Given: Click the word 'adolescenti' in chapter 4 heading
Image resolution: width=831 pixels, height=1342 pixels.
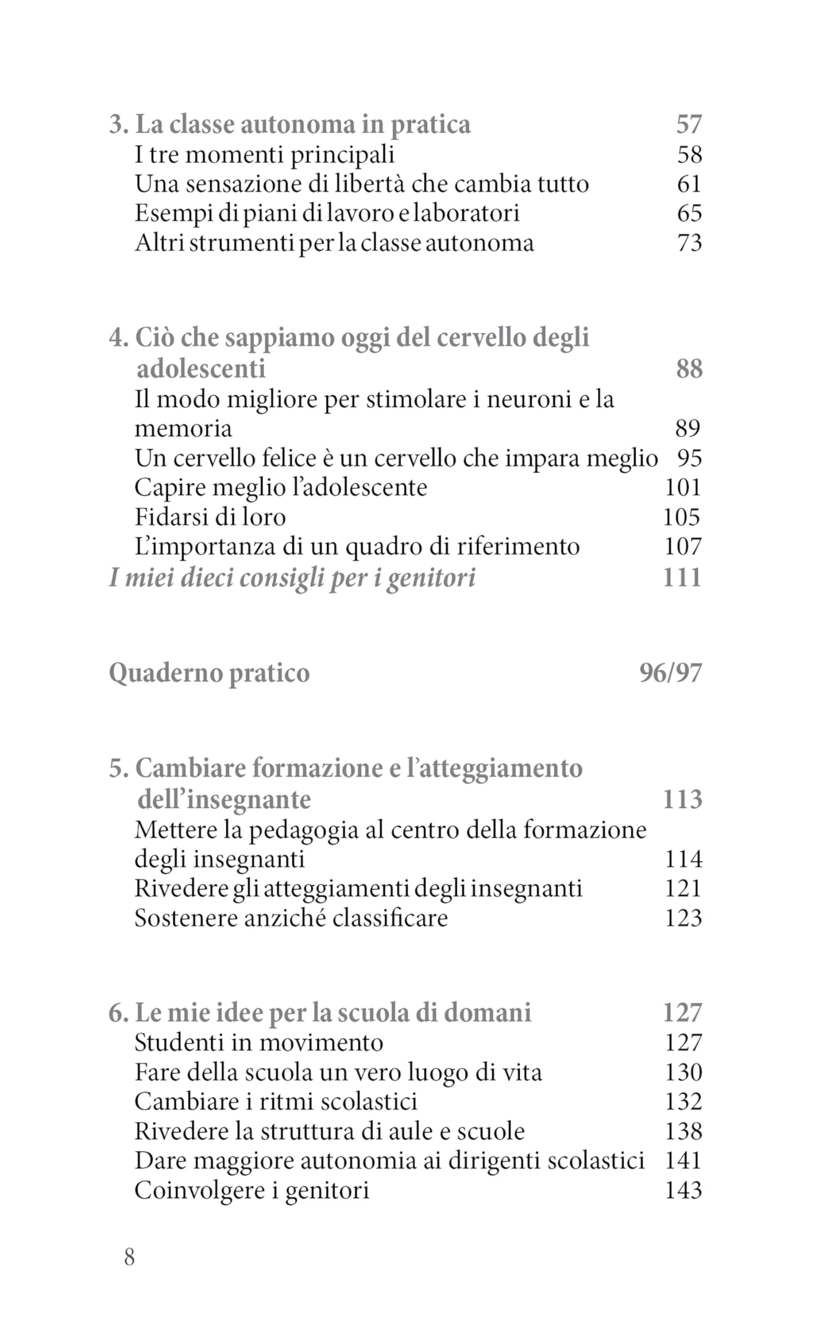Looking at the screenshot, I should pyautogui.click(x=201, y=368).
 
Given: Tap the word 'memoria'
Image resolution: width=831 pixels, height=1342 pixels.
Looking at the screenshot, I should pyautogui.click(x=184, y=429).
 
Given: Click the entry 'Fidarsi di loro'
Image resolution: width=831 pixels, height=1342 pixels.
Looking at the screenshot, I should pyautogui.click(x=210, y=517).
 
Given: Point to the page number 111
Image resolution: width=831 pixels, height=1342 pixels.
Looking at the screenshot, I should pyautogui.click(x=682, y=578).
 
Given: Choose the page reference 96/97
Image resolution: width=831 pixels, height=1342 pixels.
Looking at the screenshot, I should pyautogui.click(x=671, y=673).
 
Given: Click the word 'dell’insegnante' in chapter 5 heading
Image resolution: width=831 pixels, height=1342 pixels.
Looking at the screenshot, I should pyautogui.click(x=224, y=799).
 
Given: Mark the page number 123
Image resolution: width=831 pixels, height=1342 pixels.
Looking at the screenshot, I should pyautogui.click(x=683, y=918).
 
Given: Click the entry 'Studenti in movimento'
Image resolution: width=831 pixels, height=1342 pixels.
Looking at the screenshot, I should pyautogui.click(x=259, y=1043).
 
